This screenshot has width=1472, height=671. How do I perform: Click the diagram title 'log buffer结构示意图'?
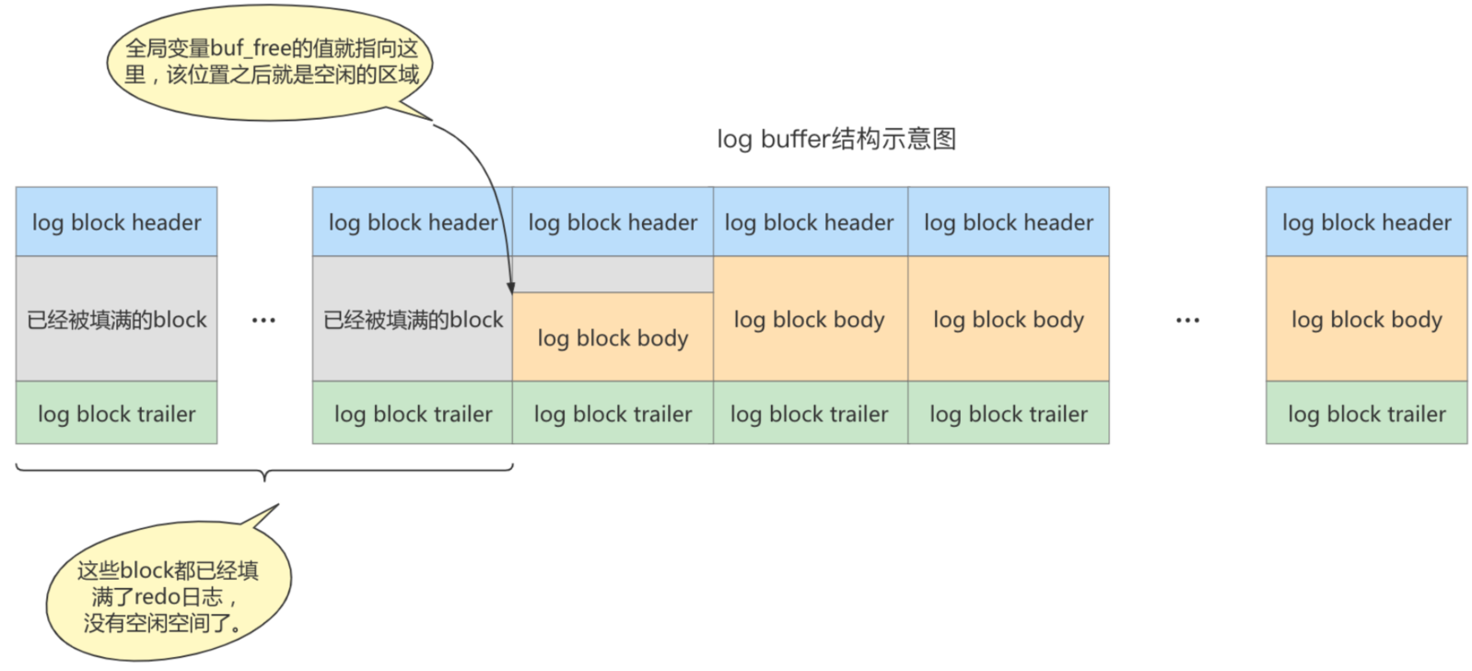pos(835,139)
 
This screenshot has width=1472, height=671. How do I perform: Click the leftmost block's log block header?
pos(116,222)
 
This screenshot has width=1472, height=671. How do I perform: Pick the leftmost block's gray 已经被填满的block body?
pos(116,319)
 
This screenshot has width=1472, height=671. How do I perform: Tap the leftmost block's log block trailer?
pos(116,414)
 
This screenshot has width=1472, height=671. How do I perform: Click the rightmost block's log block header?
pos(1366,222)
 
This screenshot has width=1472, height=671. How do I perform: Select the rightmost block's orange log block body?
pos(1366,319)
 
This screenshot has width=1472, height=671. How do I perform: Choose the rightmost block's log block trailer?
pos(1366,414)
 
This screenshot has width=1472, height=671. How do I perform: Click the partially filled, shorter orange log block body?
pos(613,337)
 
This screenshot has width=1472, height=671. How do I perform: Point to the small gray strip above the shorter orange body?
pos(613,275)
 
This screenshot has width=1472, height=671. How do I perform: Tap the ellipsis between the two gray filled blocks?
pos(263,321)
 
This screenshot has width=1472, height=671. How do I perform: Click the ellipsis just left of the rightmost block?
pos(1187,321)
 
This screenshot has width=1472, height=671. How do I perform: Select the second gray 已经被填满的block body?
pos(412,319)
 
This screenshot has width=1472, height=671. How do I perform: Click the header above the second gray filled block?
pos(412,222)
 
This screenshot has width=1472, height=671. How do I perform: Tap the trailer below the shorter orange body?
pos(613,414)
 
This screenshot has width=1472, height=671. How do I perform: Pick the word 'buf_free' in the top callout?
pos(251,49)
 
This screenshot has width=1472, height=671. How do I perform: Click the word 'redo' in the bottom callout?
pos(158,596)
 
